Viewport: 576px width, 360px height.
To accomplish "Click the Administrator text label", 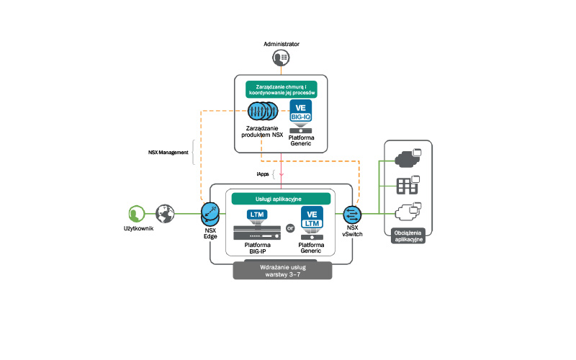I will pos(282,44).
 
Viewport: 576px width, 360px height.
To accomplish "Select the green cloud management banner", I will pos(281,90).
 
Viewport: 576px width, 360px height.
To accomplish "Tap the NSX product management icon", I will pos(262,112).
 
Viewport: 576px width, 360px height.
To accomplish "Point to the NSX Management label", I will pos(164,152).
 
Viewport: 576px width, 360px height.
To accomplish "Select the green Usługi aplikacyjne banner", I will pos(281,198).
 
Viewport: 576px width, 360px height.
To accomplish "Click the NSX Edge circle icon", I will pos(211,213).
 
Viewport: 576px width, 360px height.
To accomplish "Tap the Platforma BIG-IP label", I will pos(257,248).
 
